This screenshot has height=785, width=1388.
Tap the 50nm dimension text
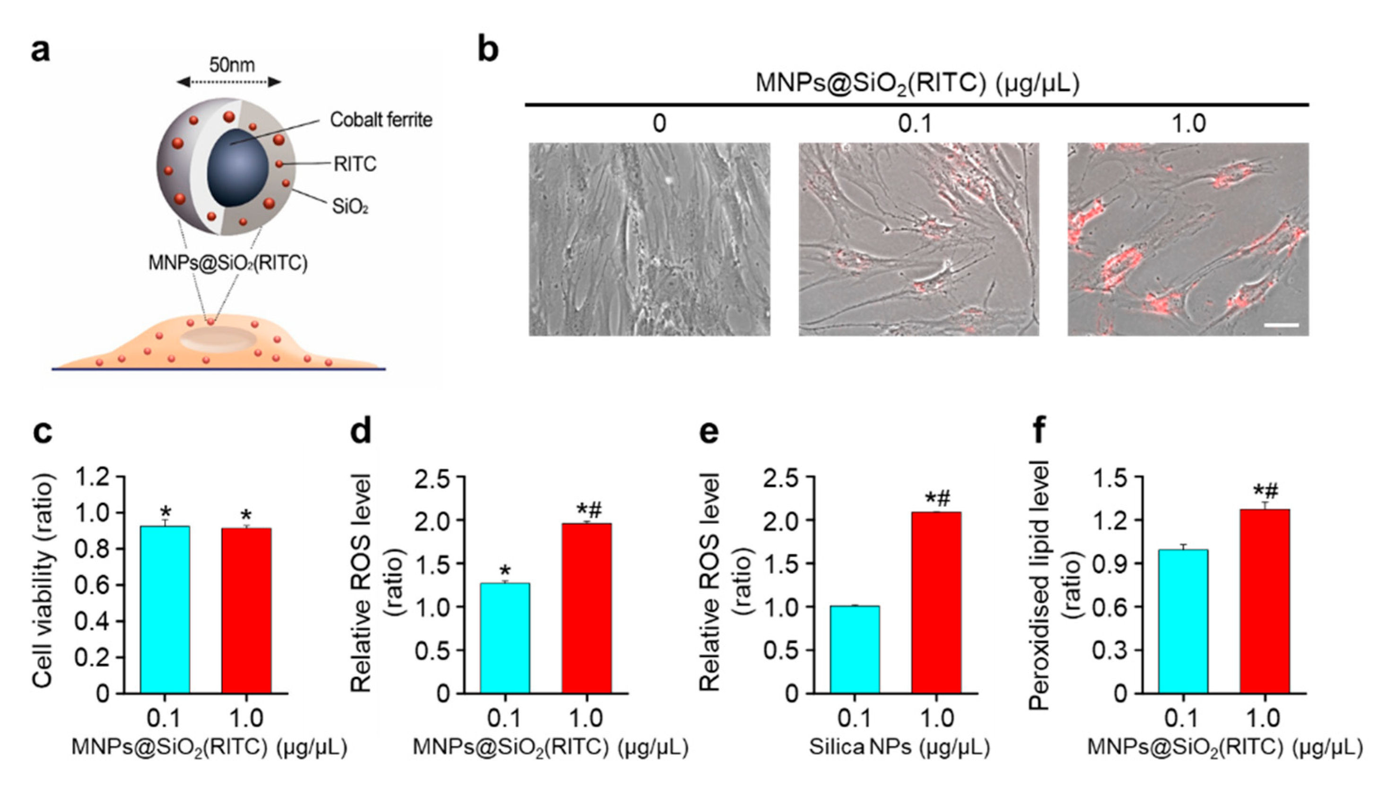(x=232, y=65)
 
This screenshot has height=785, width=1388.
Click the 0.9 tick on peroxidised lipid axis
(x=1110, y=564)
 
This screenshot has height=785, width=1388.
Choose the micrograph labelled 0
(x=649, y=239)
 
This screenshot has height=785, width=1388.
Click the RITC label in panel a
(x=355, y=164)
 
